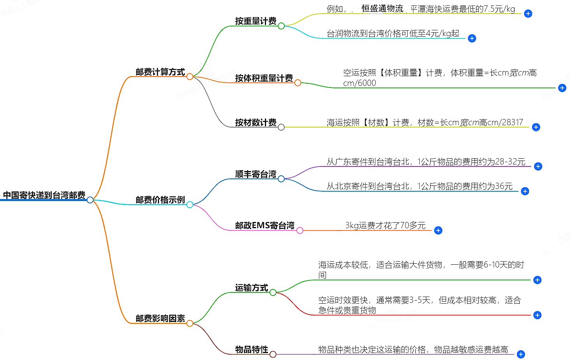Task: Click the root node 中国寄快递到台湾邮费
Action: click(x=44, y=195)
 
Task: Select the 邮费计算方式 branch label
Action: click(x=160, y=72)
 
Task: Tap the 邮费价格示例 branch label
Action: click(x=160, y=200)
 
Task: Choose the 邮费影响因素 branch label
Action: click(x=160, y=318)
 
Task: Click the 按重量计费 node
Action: click(x=256, y=21)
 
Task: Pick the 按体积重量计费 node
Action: click(x=264, y=78)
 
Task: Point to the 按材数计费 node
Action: click(x=256, y=122)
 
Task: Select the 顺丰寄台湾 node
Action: click(x=256, y=174)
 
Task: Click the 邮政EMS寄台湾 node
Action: click(x=264, y=225)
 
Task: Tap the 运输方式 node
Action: click(x=251, y=288)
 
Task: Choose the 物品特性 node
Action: click(x=251, y=350)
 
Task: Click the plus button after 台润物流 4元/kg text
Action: click(x=472, y=38)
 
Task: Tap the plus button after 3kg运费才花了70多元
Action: click(x=438, y=231)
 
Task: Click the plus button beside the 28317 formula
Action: click(x=536, y=127)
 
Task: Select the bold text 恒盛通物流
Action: click(x=382, y=9)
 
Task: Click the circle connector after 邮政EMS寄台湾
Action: click(x=300, y=231)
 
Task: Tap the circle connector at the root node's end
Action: click(x=90, y=200)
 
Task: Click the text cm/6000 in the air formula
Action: click(x=359, y=83)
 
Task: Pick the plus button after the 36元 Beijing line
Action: click(x=525, y=191)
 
